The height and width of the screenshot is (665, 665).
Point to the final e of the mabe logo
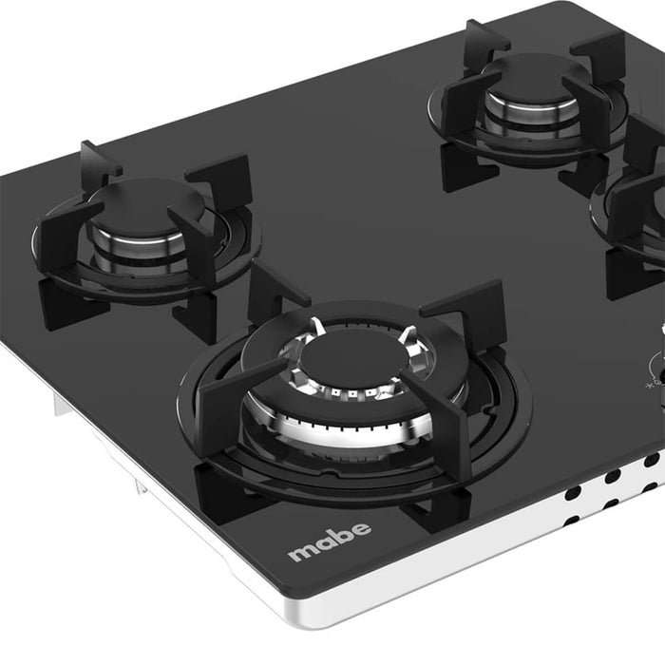coord(361,530)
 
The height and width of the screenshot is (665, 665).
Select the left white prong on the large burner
coord(316,329)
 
